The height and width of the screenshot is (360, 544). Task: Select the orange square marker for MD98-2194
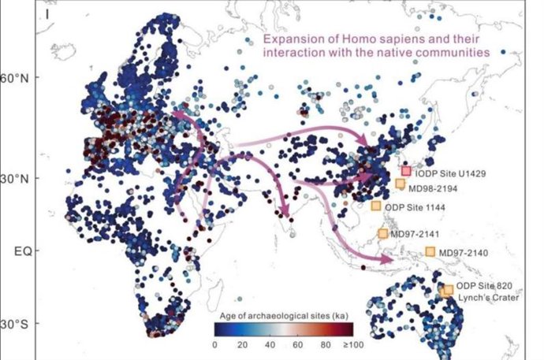pyautogui.click(x=400, y=184)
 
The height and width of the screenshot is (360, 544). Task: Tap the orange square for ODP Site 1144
pyautogui.click(x=376, y=206)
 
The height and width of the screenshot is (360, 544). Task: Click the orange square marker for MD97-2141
pyautogui.click(x=383, y=233)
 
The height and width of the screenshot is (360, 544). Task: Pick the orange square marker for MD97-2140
pyautogui.click(x=430, y=252)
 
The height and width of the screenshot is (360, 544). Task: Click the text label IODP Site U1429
pyautogui.click(x=453, y=172)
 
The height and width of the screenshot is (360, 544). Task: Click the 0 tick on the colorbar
pyautogui.click(x=214, y=345)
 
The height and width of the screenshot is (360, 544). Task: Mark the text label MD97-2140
pyautogui.click(x=466, y=252)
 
